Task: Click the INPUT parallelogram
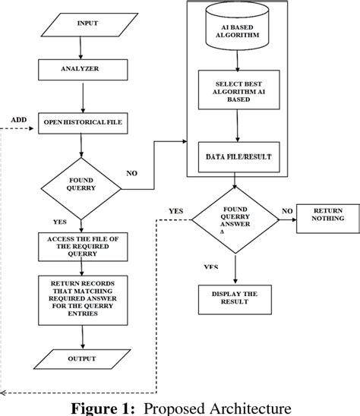point(87,24)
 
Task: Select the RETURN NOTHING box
point(328,215)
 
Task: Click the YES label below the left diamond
point(61,222)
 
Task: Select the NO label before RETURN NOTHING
point(287,210)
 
